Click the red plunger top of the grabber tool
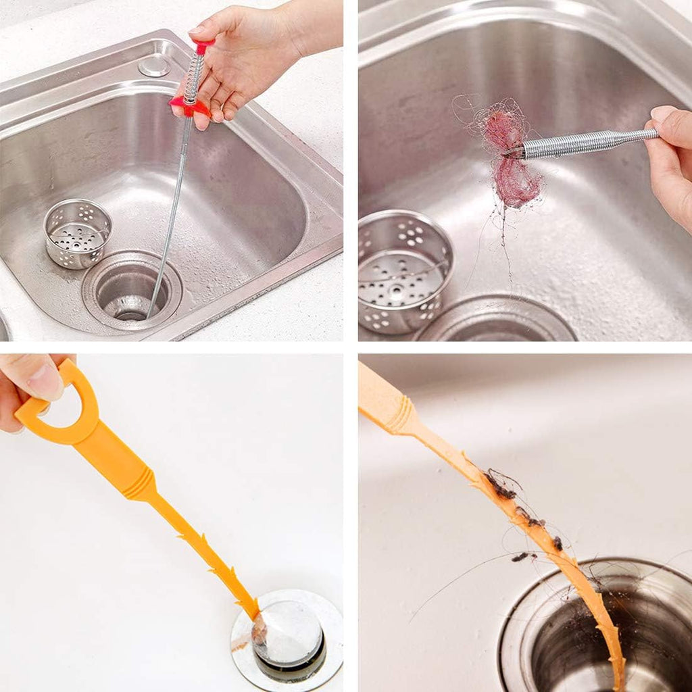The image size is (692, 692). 203,45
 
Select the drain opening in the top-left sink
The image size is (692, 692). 132,291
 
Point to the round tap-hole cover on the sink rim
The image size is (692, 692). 154,66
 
